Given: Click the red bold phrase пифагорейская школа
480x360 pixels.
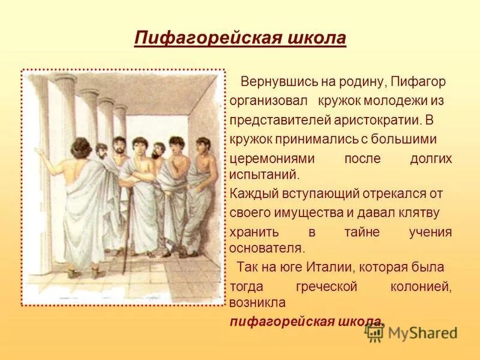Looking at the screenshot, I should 306,321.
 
